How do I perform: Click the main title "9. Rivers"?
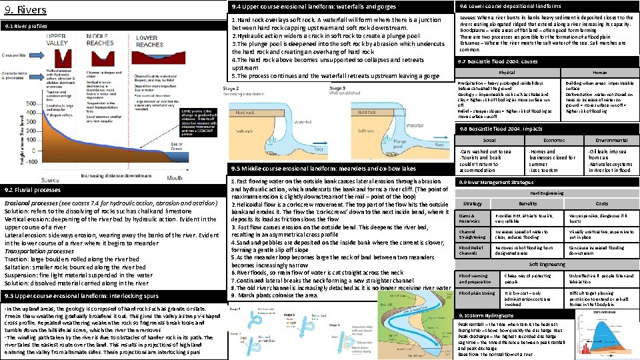click(25, 10)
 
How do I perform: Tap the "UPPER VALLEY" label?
click(64, 39)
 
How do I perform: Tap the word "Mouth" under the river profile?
click(175, 178)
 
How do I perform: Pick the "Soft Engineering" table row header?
click(546, 264)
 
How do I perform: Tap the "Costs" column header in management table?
click(601, 203)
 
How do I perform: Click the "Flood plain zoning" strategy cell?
click(477, 293)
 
